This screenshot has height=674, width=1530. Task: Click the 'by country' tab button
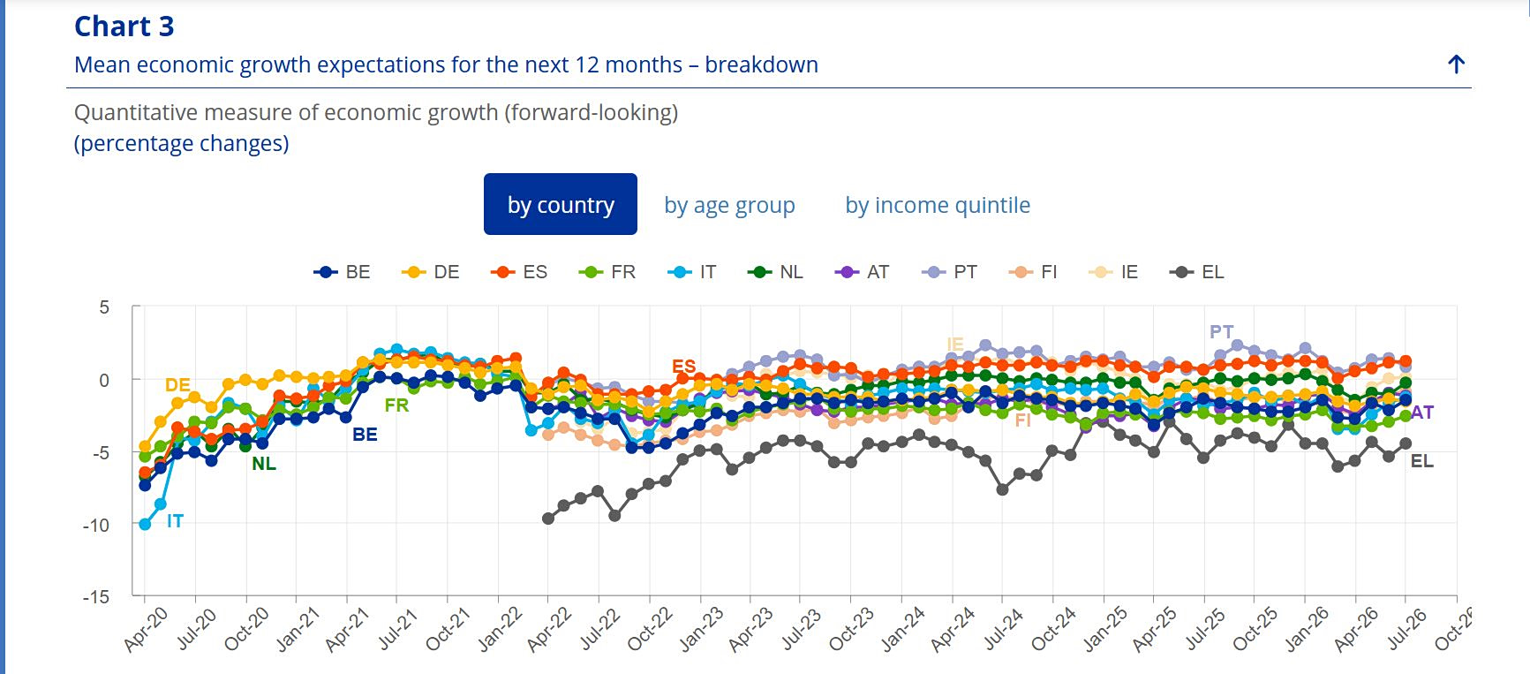point(561,204)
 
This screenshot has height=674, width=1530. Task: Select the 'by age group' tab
point(729,205)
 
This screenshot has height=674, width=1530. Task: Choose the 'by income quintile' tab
point(938,205)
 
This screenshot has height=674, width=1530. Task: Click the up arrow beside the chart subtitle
point(1457,64)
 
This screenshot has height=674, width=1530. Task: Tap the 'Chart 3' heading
point(124,27)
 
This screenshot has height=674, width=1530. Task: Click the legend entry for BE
point(343,272)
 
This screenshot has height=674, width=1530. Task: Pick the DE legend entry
point(431,272)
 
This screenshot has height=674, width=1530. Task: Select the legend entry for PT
point(949,272)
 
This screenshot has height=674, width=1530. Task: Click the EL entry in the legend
point(1196,272)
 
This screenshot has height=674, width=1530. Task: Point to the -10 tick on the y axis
point(97,525)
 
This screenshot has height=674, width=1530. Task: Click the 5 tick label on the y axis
point(105,307)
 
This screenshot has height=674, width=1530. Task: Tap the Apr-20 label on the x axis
point(146,630)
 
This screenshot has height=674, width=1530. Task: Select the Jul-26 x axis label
point(1407,630)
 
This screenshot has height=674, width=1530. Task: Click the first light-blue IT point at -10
point(146,524)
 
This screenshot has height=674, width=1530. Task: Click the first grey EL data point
point(548,519)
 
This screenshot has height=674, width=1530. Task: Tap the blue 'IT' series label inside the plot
point(175,521)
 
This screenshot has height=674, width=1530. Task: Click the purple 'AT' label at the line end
point(1421,413)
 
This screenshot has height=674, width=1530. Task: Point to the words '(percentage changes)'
point(182,143)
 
